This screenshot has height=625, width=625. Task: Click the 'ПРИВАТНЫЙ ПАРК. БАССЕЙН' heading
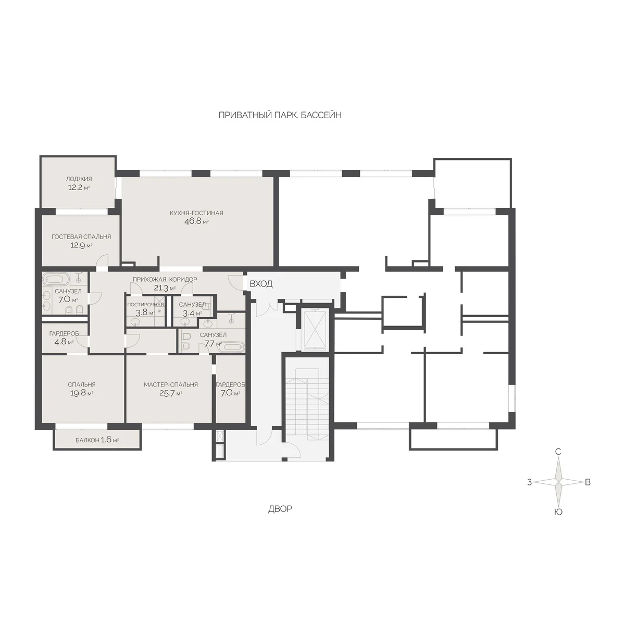(x=280, y=115)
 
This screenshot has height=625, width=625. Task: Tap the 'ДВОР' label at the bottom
(x=280, y=509)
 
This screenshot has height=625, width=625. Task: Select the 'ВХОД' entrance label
(x=261, y=284)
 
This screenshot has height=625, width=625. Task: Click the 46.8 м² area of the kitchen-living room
(x=196, y=221)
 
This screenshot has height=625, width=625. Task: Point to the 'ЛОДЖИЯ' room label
(x=79, y=179)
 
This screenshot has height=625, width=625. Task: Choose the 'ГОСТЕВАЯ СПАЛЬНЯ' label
(x=81, y=237)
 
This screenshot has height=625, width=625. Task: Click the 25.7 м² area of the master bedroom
(x=171, y=393)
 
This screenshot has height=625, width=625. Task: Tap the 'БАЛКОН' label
(x=87, y=440)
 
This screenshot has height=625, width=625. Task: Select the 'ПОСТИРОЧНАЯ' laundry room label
(x=146, y=305)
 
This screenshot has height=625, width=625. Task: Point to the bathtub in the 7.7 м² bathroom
(x=231, y=347)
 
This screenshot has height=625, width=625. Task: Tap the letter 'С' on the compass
(x=558, y=452)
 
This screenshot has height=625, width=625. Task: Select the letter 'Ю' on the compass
(x=558, y=512)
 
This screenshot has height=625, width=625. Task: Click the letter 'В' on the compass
(x=587, y=482)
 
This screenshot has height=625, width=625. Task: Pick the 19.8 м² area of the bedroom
(x=82, y=393)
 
